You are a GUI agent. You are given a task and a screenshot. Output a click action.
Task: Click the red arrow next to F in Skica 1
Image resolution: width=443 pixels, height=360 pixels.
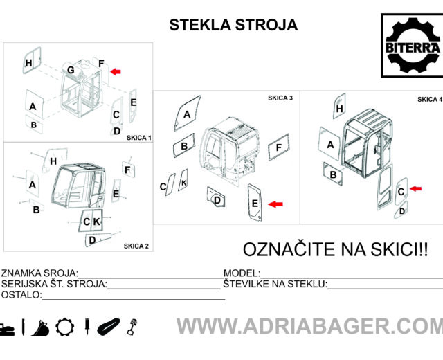pos(116,71)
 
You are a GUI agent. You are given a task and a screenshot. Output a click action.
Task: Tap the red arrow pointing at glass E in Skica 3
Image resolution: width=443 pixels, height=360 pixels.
pos(275,204)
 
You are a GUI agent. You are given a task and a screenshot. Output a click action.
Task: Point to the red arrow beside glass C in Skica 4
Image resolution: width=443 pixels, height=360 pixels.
pos(415,188)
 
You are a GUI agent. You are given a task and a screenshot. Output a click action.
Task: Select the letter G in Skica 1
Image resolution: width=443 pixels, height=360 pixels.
pos(71,70)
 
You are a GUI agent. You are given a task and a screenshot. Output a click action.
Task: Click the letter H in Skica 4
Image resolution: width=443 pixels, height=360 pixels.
pos(340,109)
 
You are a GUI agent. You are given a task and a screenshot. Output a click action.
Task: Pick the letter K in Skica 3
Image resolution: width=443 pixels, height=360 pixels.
pos(183,183)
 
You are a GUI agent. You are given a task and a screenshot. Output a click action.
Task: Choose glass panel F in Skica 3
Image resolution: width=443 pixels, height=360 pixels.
pos(279,147)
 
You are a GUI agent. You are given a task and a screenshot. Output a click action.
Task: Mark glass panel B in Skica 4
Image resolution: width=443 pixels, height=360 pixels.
pos(334,174)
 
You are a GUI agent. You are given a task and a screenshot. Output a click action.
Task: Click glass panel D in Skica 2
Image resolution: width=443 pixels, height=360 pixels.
pos(98,240)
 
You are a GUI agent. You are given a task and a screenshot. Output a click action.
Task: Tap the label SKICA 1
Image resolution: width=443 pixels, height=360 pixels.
pos(139,138)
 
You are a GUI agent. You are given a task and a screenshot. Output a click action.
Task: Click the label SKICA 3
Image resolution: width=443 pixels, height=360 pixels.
pos(280,98)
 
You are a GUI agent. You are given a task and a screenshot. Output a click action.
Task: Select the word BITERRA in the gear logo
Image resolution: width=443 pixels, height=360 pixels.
pos(413,48)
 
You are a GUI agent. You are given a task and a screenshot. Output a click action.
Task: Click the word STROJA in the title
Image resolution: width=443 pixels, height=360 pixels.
pos(266,25)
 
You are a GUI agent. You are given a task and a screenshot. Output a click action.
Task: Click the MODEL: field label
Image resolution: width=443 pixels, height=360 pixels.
pos(242,273)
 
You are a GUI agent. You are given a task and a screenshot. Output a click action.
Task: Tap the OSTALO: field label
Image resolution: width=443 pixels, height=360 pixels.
pos(21,295)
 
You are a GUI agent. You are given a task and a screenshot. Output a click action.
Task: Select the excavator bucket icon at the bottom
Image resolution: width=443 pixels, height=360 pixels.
pos(40,327)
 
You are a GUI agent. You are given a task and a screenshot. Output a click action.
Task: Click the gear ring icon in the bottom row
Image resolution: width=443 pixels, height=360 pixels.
pos(65,327)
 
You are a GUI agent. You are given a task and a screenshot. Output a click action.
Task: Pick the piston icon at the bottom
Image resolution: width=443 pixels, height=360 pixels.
pos(132,327)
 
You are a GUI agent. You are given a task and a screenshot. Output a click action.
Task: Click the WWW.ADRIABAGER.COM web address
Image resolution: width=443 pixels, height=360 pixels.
pos(309,326)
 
